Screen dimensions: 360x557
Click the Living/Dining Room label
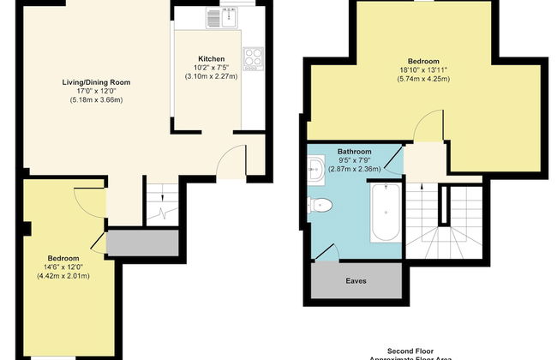95,83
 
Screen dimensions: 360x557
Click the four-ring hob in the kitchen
254,57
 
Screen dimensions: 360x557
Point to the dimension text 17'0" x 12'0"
95,92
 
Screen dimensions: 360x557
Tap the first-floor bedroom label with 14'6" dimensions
63,258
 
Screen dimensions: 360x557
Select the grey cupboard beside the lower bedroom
141,243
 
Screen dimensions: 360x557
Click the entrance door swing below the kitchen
227,160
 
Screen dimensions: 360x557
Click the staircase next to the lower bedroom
159,208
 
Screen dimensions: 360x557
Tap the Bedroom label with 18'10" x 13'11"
424,62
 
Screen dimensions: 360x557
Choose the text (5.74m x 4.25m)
424,80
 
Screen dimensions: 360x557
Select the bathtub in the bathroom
386,214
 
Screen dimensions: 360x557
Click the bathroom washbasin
315,169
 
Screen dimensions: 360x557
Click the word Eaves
356,280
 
